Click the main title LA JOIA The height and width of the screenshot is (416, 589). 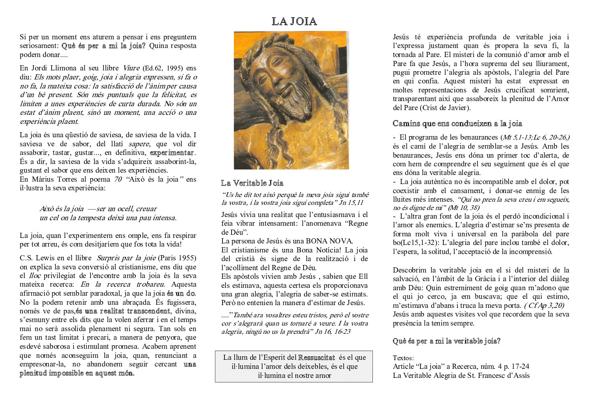(x=294, y=21)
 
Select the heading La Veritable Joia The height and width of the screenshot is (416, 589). (x=252, y=183)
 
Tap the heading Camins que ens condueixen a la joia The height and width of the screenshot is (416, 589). (x=457, y=123)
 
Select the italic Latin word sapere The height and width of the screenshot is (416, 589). (x=139, y=144)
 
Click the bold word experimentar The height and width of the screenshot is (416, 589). (x=172, y=153)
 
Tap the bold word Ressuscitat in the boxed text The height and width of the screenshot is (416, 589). (x=316, y=357)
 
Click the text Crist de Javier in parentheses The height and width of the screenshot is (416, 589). (x=445, y=108)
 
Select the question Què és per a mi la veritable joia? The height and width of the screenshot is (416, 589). (x=446, y=341)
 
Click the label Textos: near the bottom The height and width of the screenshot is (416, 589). (x=403, y=358)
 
